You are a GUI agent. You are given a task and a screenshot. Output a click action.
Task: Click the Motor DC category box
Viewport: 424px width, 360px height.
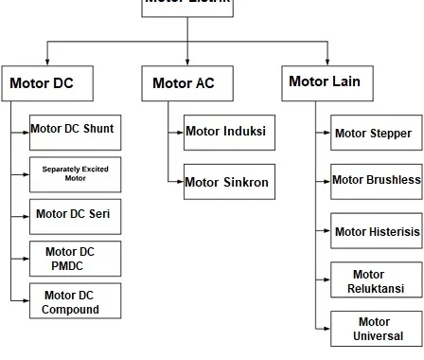pyautogui.click(x=49, y=82)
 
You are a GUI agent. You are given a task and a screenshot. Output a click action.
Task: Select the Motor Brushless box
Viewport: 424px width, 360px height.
pyautogui.click(x=376, y=179)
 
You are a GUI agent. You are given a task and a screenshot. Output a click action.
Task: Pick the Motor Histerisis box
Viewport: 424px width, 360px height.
pyautogui.click(x=376, y=230)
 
